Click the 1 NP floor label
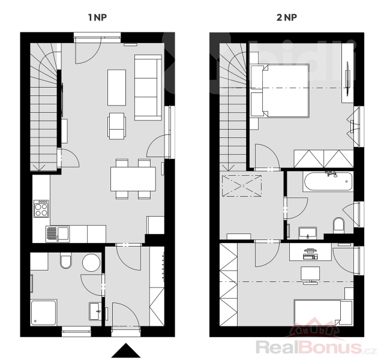point(97,17)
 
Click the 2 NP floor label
point(287,17)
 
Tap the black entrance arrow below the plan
point(126,350)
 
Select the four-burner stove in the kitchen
point(41,209)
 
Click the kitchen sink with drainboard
point(58,234)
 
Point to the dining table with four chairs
point(133,179)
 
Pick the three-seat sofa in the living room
point(148,88)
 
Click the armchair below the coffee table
point(116,126)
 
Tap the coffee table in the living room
point(116,88)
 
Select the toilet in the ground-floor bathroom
point(66,262)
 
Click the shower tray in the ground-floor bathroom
point(44,313)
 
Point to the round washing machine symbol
point(91,263)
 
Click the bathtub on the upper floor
point(328,181)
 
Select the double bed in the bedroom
point(280,91)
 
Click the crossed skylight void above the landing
point(242,185)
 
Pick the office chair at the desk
point(310,275)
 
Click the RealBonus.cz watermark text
point(316,347)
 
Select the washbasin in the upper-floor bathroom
point(308,233)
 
